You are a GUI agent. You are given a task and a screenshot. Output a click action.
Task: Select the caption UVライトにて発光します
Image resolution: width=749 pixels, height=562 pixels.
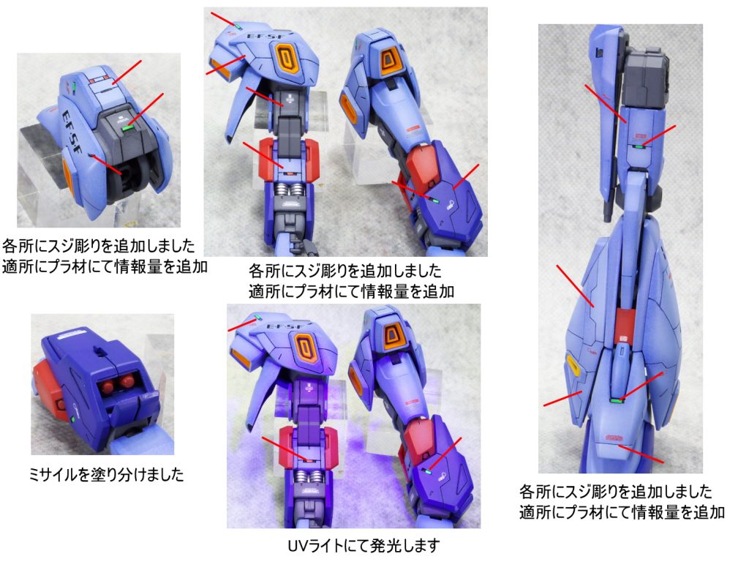point(364,546)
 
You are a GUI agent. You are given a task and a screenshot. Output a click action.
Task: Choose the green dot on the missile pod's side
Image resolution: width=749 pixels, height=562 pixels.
point(75,420)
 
